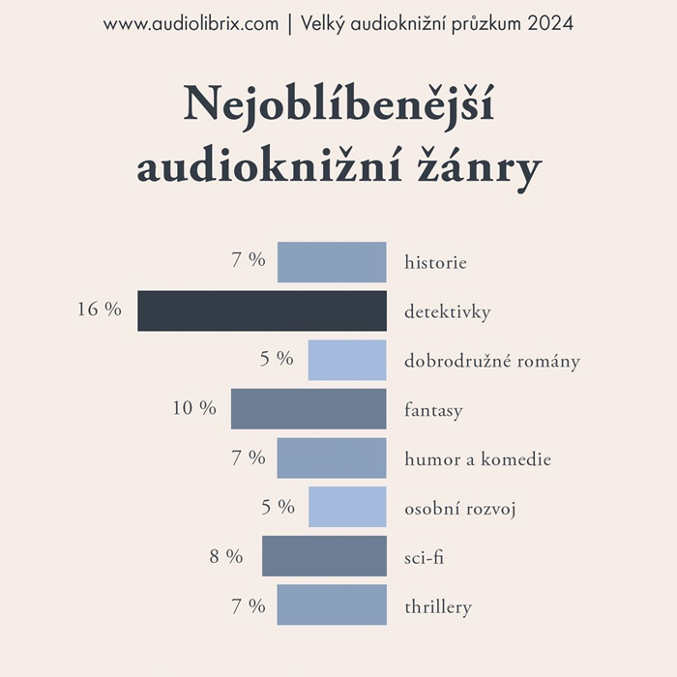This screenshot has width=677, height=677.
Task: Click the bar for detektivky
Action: pos(261,311)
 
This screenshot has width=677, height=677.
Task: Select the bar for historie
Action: pos(332,262)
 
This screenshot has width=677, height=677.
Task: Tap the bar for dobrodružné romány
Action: pos(347,360)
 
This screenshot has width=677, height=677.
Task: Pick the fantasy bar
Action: pos(309,409)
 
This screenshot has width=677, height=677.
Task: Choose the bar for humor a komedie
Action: pos(332,458)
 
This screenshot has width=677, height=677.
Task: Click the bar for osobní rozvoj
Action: pos(347,507)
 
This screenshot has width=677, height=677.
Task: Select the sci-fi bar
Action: pos(324,556)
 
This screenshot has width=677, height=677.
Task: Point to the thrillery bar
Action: pos(332,605)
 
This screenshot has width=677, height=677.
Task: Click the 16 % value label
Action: pos(100,309)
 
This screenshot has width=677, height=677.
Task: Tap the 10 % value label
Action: pos(194,408)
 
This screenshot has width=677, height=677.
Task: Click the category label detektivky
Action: pos(448,312)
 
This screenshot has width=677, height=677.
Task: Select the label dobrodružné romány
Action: pos(492,362)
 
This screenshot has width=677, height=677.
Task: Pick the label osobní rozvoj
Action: pos(459,508)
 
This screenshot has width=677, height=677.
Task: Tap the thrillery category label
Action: pos(438,607)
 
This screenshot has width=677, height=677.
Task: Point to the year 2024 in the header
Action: pos(550,24)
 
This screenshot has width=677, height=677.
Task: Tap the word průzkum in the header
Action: pos(484,24)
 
